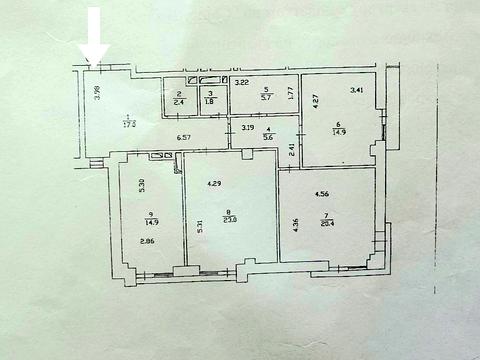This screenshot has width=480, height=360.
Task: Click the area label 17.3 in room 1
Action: (x=129, y=125)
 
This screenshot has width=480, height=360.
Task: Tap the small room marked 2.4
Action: (x=177, y=101)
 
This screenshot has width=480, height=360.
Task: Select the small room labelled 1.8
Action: (x=210, y=101)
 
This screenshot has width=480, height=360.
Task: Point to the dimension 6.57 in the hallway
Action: (x=184, y=136)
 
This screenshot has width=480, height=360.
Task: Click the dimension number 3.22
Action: (x=242, y=82)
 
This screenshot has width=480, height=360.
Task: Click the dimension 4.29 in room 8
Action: (x=215, y=184)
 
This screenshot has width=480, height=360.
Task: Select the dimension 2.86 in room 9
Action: (x=146, y=243)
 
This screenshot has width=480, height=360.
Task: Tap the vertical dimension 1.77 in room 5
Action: (x=290, y=97)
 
